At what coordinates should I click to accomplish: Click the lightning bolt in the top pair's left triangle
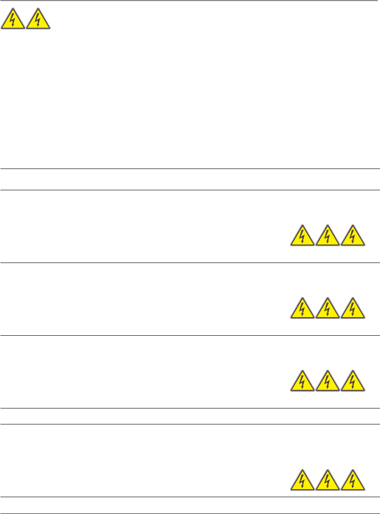(13, 20)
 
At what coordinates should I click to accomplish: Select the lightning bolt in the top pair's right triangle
(38, 20)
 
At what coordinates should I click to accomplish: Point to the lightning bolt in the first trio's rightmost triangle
(353, 236)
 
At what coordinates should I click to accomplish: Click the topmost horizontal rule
(190, 0)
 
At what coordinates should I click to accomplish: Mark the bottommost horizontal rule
(190, 514)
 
